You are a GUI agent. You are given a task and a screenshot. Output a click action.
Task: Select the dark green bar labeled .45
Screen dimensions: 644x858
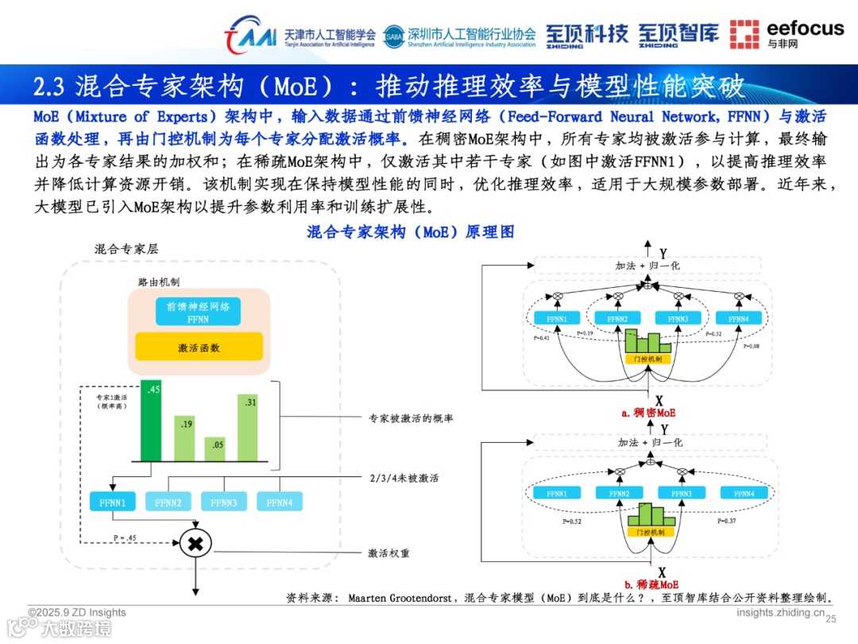click(x=152, y=421)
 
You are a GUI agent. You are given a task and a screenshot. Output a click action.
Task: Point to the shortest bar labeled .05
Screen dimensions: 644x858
click(x=217, y=449)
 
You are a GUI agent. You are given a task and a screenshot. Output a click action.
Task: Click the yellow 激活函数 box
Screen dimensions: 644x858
click(x=199, y=347)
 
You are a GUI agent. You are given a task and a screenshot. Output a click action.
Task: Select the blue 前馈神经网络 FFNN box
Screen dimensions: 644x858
click(x=198, y=311)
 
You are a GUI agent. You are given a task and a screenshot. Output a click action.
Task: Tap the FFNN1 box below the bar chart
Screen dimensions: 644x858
click(x=113, y=502)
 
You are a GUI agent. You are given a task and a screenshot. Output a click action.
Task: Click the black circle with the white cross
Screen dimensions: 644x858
click(x=194, y=544)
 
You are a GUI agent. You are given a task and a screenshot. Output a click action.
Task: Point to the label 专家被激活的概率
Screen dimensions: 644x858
click(x=412, y=418)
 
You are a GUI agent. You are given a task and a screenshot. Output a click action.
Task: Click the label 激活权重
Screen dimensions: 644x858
click(x=388, y=553)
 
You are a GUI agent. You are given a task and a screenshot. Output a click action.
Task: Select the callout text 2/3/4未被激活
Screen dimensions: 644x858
click(x=404, y=479)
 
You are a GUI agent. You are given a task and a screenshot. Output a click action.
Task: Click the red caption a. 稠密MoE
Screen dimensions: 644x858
click(x=648, y=413)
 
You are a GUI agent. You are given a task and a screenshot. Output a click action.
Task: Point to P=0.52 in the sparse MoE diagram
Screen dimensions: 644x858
click(x=571, y=522)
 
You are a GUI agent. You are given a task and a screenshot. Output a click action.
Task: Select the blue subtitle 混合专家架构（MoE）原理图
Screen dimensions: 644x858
click(x=411, y=232)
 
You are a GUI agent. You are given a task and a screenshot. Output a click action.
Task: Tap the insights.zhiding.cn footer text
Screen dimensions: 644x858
click(x=780, y=612)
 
